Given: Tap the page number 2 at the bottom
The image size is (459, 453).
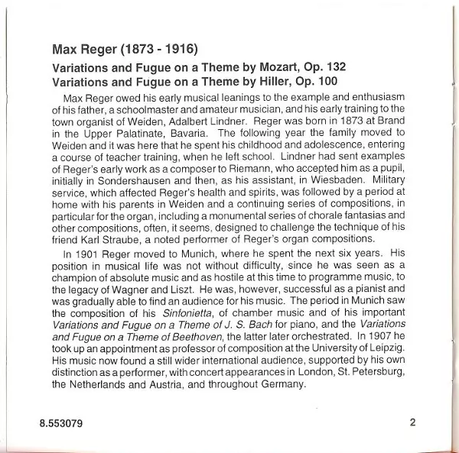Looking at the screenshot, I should click(x=412, y=422).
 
